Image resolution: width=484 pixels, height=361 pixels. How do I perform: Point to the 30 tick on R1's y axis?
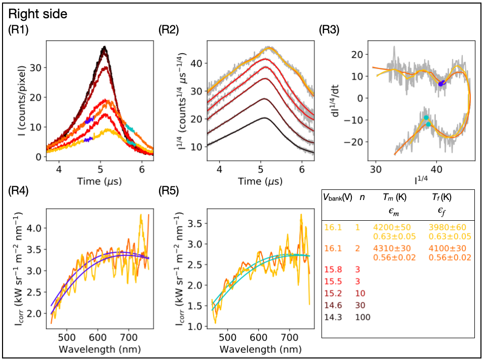38,67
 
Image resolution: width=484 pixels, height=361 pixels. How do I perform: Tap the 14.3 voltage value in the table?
334,317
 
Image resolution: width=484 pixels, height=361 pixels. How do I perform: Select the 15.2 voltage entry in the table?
334,293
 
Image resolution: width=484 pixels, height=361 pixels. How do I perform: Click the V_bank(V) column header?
338,198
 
